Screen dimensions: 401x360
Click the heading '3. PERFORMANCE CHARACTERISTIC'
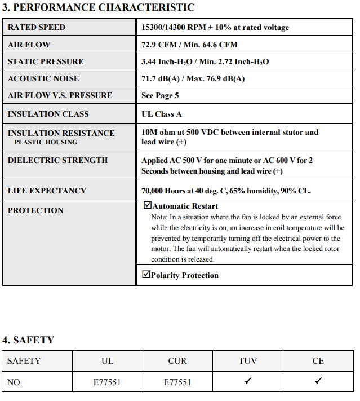click(99, 7)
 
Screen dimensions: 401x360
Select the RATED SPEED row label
click(37, 27)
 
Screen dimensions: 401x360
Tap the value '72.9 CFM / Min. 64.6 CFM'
click(189, 45)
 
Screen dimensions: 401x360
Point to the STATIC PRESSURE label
click(46, 61)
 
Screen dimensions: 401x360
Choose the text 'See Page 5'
click(160, 95)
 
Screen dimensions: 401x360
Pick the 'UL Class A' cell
click(162, 114)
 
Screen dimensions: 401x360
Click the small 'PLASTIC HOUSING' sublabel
click(46, 142)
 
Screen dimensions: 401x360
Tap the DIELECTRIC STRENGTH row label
click(57, 160)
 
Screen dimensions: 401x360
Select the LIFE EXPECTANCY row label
click(47, 191)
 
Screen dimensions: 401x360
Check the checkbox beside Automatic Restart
click(147, 205)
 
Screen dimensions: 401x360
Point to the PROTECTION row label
click(35, 210)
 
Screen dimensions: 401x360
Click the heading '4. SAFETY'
click(28, 340)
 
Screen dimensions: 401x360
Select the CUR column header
click(177, 361)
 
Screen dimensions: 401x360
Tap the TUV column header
click(248, 361)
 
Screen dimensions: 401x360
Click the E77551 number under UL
click(107, 382)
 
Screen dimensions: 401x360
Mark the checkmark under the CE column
click(318, 381)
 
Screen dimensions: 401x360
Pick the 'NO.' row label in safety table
click(15, 382)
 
